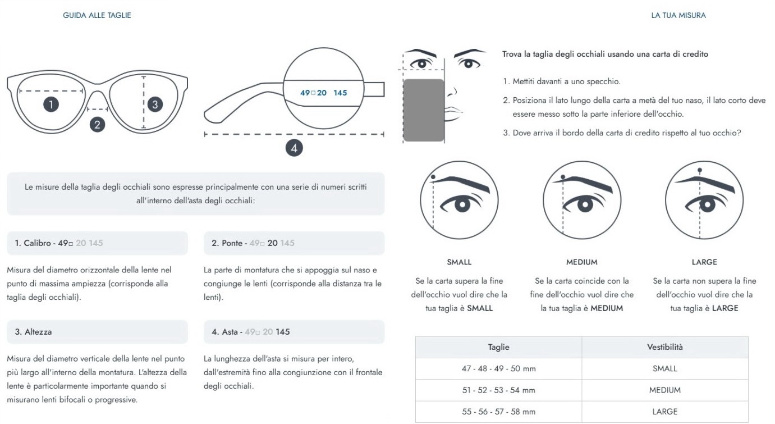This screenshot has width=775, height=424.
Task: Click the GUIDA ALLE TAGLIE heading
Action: (x=97, y=15)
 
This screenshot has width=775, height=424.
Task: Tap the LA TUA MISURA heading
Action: (x=678, y=15)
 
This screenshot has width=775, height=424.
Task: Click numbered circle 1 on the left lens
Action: (x=51, y=104)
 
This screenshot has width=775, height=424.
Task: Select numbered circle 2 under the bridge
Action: (x=97, y=125)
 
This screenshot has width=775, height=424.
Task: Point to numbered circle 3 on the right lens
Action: (x=155, y=104)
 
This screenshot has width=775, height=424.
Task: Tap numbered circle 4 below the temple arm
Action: (x=294, y=148)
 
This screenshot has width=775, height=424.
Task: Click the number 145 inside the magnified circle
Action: (x=340, y=93)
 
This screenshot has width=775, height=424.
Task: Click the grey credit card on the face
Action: (x=424, y=110)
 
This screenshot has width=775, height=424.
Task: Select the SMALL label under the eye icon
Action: (x=459, y=262)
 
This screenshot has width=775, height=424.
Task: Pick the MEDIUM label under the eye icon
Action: (x=581, y=262)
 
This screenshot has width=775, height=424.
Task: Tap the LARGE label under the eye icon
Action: (x=704, y=262)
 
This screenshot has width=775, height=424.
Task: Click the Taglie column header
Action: (x=498, y=347)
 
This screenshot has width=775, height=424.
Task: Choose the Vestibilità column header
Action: (x=665, y=347)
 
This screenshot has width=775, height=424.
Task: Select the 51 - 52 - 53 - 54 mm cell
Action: (x=498, y=390)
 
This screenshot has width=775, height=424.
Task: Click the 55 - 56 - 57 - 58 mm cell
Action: (x=498, y=412)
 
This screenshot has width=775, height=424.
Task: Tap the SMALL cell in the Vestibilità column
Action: (x=665, y=368)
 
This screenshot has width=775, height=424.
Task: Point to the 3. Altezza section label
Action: (x=33, y=331)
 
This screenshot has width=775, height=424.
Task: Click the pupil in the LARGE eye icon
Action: (x=707, y=204)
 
